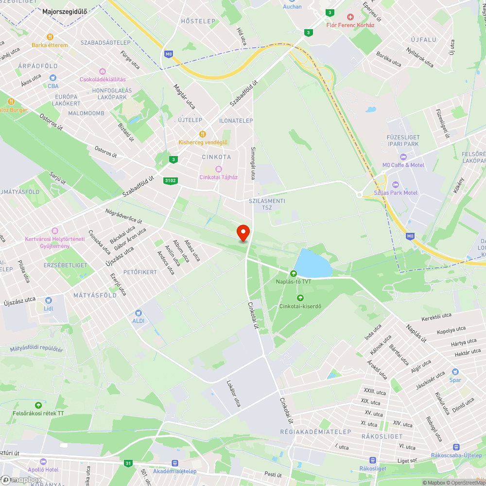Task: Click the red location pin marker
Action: [x=243, y=232]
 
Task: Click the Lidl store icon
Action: [x=48, y=301]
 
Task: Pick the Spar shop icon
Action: [x=455, y=372]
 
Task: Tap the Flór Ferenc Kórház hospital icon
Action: [x=349, y=17]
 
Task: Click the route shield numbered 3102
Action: [x=171, y=181]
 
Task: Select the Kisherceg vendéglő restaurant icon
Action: [x=203, y=134]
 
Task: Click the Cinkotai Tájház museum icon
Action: [x=218, y=169]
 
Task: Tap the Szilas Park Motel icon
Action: [x=395, y=185]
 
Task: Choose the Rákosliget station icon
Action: [x=372, y=460]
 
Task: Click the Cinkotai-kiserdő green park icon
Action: [x=300, y=297]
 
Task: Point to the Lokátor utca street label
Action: [x=234, y=393]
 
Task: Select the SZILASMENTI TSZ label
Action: [x=267, y=204]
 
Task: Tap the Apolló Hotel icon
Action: [x=43, y=462]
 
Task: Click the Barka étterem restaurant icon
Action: [x=50, y=37]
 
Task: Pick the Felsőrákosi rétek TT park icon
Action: [x=38, y=405]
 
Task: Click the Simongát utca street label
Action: [x=253, y=163]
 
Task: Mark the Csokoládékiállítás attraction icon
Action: [x=102, y=71]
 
